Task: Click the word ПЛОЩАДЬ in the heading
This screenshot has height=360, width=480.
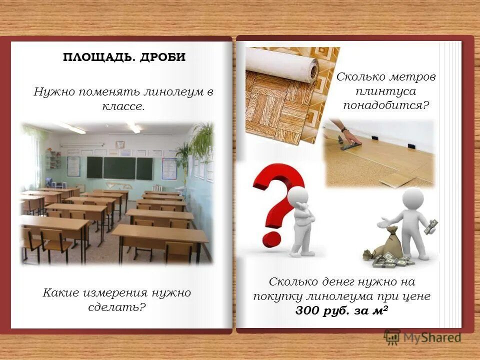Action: click(94, 57)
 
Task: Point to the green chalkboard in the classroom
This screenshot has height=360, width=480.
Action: click(119, 167)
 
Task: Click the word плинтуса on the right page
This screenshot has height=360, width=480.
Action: click(386, 91)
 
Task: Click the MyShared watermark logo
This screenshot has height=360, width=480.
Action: click(423, 337)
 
